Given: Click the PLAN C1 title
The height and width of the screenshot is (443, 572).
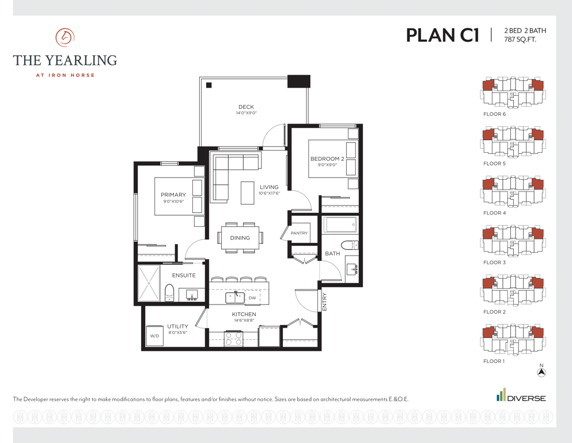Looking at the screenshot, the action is click(x=442, y=35).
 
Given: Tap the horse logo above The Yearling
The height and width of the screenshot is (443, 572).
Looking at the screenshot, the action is click(x=65, y=37).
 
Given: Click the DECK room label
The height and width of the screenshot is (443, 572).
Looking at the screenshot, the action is click(x=246, y=107).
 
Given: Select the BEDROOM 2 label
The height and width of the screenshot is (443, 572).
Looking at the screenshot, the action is click(x=327, y=159).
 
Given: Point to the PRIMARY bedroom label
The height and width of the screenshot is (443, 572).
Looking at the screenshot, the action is click(x=173, y=194).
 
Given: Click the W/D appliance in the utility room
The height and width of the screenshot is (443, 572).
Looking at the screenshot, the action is click(x=155, y=336).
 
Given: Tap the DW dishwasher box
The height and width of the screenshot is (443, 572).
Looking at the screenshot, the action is click(x=252, y=298).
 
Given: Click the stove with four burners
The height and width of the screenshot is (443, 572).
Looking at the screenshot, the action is click(x=233, y=338).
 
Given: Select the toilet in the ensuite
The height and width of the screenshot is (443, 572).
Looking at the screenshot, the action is click(x=169, y=292).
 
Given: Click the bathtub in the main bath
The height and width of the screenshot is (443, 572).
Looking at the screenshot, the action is click(x=340, y=224).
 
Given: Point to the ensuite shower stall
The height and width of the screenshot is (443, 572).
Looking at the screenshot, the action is click(x=149, y=283).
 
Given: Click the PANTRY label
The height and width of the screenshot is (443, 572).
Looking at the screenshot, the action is click(x=299, y=233).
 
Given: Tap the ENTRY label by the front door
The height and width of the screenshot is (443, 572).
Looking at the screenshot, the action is click(x=324, y=302).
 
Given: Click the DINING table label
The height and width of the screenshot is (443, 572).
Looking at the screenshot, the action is click(x=240, y=238).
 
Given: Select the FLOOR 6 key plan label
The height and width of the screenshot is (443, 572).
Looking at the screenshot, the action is click(x=495, y=114).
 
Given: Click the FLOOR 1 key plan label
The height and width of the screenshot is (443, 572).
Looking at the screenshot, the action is click(x=494, y=361).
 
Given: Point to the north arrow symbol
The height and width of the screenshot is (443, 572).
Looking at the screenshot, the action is click(x=541, y=372).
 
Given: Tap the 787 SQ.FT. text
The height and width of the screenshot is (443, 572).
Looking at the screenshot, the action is click(x=520, y=39).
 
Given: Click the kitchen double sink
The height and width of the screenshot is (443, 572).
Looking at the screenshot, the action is click(x=234, y=297).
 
